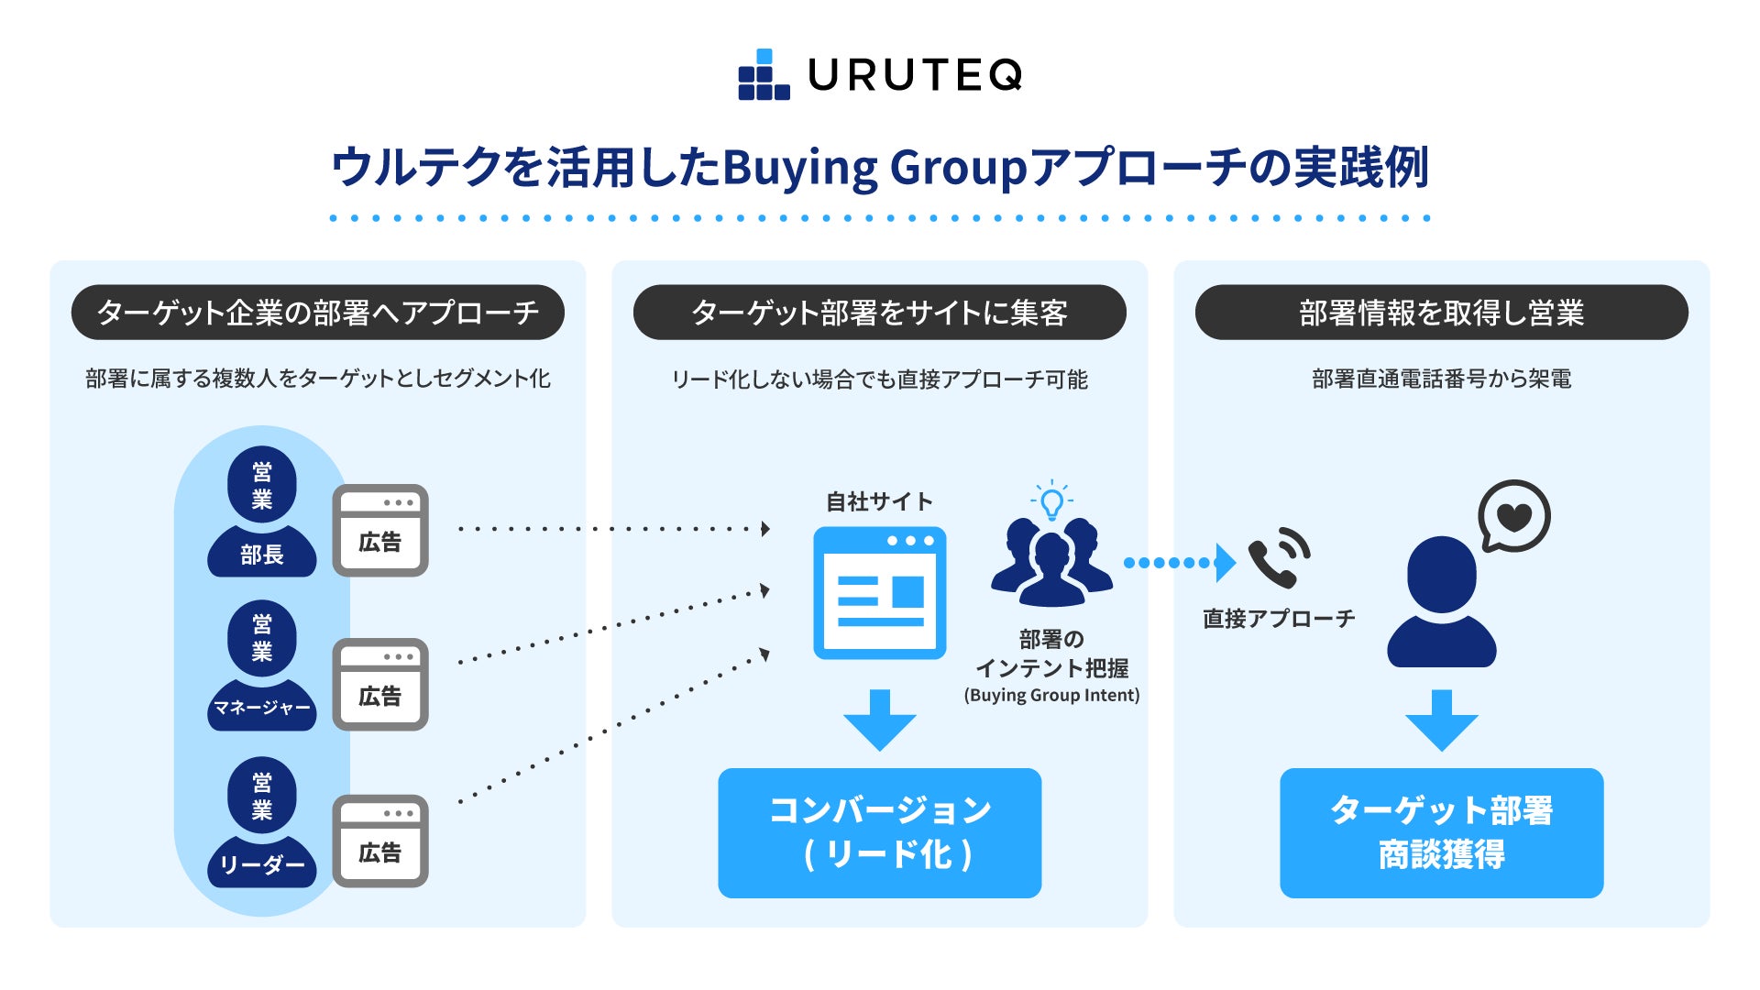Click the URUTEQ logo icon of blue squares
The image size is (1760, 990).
click(x=764, y=75)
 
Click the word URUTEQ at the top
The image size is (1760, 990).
click(x=915, y=75)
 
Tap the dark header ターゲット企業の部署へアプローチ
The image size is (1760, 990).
click(x=317, y=313)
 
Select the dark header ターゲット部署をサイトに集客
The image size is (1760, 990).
click(x=879, y=313)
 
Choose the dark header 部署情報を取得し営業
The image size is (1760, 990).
click(x=1441, y=313)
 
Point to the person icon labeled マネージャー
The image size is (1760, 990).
click(x=262, y=665)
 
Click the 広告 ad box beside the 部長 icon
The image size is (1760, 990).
click(x=380, y=531)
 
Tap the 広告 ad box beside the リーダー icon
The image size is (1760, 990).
click(x=380, y=841)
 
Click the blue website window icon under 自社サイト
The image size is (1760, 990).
click(x=880, y=592)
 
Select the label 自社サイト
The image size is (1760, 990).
click(x=880, y=501)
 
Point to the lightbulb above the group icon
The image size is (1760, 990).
click(x=1051, y=500)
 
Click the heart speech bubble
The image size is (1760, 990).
click(x=1513, y=516)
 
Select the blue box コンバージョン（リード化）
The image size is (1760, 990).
click(x=880, y=832)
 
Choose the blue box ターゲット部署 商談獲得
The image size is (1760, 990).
click(x=1441, y=832)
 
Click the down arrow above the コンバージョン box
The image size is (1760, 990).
click(x=880, y=720)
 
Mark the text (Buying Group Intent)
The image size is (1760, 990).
click(x=1051, y=695)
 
